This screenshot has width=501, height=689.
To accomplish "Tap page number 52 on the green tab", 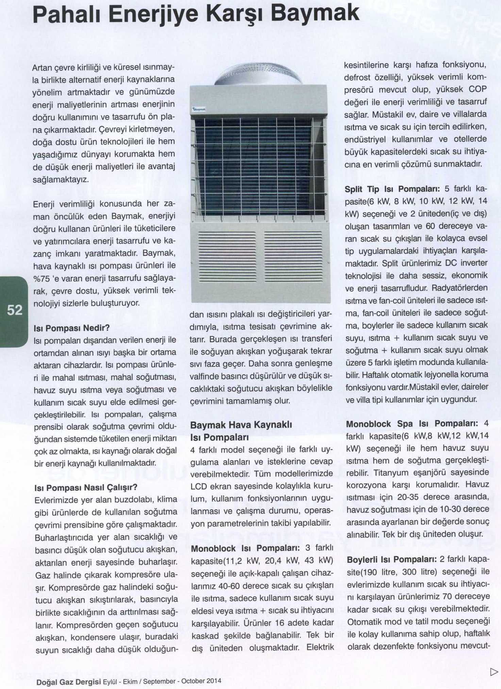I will (x=15, y=310).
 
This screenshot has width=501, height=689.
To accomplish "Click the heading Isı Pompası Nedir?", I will (x=72, y=328).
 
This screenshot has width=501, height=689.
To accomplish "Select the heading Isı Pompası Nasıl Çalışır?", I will (x=86, y=488).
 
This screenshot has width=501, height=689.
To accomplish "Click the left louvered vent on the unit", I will (x=227, y=257).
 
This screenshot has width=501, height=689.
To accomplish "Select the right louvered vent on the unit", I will (x=293, y=257).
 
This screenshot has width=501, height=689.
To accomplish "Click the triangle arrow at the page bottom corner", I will (x=494, y=672).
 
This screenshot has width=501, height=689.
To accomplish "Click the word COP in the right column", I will (x=478, y=89).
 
